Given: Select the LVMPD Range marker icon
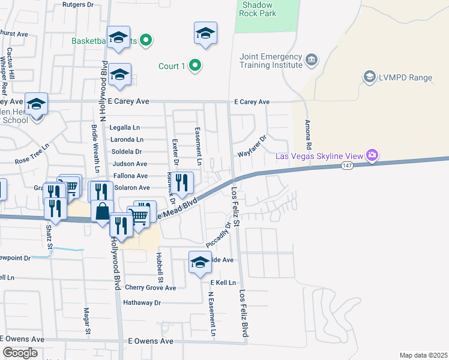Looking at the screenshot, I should click(x=369, y=77).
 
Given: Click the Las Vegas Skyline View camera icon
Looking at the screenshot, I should click(x=372, y=156).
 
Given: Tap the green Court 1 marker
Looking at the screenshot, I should click(x=194, y=66).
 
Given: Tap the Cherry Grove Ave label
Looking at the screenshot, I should click(x=150, y=288).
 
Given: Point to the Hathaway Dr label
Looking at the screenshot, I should click(x=142, y=303).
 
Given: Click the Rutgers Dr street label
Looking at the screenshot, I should click(x=79, y=4).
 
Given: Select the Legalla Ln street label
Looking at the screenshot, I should click(x=124, y=128).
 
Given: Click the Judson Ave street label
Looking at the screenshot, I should click(x=129, y=164).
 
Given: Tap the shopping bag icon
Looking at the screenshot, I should click(x=103, y=211).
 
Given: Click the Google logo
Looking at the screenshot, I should click(x=20, y=353).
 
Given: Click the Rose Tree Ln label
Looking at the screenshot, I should click(x=32, y=161).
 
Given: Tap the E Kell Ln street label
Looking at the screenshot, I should click(x=220, y=282).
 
